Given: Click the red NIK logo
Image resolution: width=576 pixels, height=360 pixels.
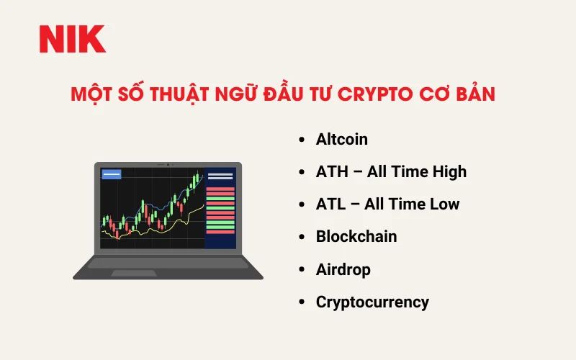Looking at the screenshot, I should coord(72,39).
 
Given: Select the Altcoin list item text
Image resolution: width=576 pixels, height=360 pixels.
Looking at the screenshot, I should coord(341,139).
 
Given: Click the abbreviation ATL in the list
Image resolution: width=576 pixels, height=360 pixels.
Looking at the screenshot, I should coord(330,204).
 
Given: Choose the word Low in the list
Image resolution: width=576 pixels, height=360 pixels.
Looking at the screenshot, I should coord(444,204).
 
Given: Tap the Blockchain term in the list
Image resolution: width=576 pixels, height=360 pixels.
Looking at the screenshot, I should coord(356,236).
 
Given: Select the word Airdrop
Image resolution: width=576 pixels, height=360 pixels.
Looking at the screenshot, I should coord(343,269).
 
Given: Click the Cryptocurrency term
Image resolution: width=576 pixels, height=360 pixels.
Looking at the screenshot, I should coord(372,302).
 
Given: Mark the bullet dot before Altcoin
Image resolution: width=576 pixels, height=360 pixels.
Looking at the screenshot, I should coord(301,140).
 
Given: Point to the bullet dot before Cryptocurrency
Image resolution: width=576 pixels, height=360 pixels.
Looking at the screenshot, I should coord(301,302).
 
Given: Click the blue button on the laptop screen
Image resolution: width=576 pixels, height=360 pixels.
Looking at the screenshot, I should coord(112,174).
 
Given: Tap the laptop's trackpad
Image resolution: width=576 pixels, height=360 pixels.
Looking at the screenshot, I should coord(168,273).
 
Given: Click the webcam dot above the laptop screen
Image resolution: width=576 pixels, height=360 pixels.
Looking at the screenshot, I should coord(168,165).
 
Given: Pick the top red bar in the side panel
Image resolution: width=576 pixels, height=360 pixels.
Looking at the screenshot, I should coord(220,189).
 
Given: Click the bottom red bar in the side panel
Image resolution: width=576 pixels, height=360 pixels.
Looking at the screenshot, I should coord(220,231).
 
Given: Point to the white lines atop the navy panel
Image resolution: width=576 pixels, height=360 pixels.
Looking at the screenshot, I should coord(220,176).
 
